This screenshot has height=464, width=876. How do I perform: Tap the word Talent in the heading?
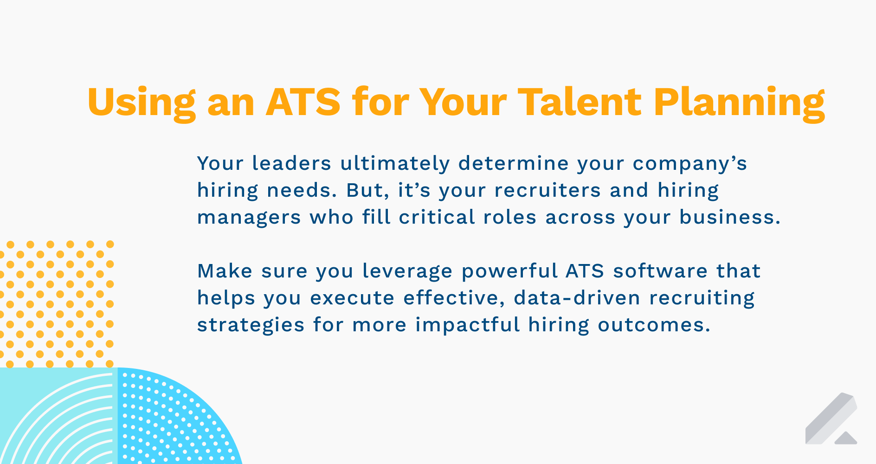(x=580, y=102)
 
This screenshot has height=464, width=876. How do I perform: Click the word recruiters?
(x=547, y=190)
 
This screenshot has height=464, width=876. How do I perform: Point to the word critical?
(x=437, y=217)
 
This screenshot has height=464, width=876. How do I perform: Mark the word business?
(x=730, y=217)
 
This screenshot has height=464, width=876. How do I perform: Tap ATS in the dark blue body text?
(x=585, y=271)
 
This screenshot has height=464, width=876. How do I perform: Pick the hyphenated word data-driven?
(x=577, y=298)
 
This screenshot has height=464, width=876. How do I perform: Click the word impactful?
(x=467, y=325)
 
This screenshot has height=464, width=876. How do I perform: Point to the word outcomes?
(x=654, y=325)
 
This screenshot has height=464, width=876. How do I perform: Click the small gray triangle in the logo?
(x=845, y=438)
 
